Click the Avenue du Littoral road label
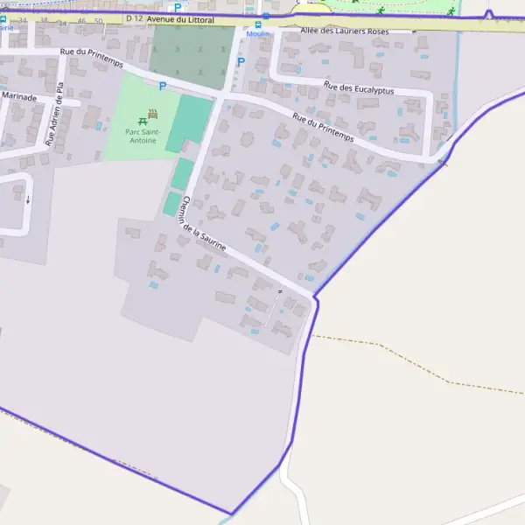[182, 18]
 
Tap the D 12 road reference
[134, 18]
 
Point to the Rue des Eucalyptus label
[359, 88]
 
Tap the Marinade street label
[19, 97]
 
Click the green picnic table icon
[143, 119]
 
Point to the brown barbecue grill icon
[154, 113]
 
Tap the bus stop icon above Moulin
[257, 24]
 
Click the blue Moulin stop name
[257, 34]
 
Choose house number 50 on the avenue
[98, 19]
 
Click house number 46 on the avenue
[82, 19]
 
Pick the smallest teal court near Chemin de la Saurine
[171, 204]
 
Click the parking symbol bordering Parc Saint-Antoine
[162, 85]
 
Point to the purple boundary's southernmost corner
[231, 514]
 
